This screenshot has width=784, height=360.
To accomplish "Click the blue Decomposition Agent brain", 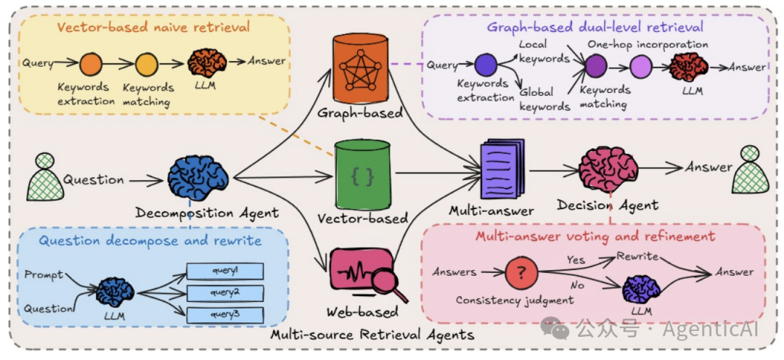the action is click(x=198, y=178).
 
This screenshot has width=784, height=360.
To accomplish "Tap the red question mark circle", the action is click(x=521, y=273).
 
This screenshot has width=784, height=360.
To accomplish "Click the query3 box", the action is click(x=225, y=315).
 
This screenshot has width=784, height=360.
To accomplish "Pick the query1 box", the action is click(x=225, y=271).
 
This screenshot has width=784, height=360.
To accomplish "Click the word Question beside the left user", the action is click(x=93, y=179).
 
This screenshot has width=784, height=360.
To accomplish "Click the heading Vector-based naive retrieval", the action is click(x=153, y=27).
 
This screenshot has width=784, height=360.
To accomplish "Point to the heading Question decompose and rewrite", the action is click(x=150, y=241).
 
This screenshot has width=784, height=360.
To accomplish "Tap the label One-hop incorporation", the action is click(x=648, y=44).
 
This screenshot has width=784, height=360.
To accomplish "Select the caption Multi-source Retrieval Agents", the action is click(x=372, y=334).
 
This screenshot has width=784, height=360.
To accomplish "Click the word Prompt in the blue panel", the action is click(x=44, y=275).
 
